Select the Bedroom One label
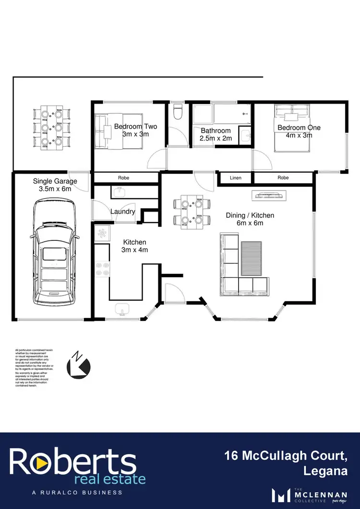tap(299, 131)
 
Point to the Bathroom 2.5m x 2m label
tap(216, 134)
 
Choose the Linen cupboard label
tap(236, 178)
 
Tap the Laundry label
tap(123, 212)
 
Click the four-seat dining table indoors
tap(192, 212)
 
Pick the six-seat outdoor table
tap(51, 128)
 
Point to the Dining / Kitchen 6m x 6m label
tap(250, 219)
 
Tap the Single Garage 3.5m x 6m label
tap(55, 185)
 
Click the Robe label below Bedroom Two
tap(123, 178)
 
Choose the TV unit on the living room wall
tap(270, 195)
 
